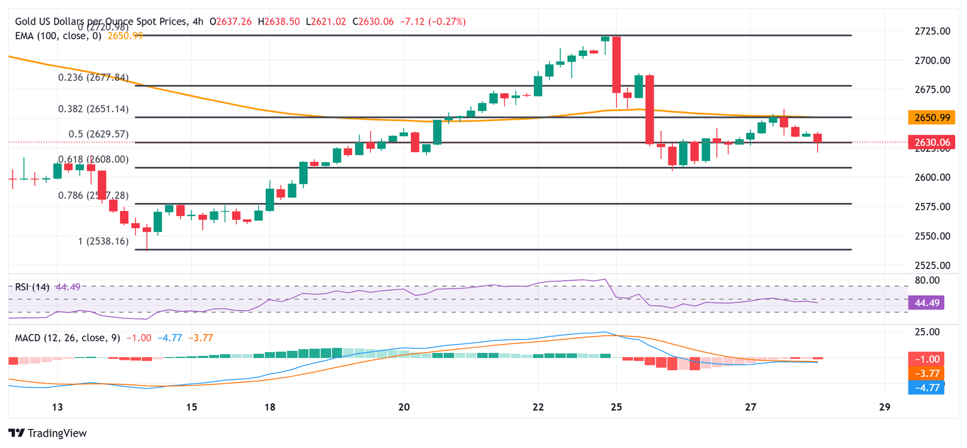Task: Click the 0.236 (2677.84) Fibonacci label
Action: (93, 78)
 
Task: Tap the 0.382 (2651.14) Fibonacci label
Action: (93, 109)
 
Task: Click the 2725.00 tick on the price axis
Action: (932, 31)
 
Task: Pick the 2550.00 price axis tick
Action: (932, 236)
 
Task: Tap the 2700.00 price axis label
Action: (932, 60)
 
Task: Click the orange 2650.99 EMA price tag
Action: (932, 117)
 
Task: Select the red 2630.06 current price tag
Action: (932, 142)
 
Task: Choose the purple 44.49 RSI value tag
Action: (932, 304)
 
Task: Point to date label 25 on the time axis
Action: (616, 407)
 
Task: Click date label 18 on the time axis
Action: (269, 407)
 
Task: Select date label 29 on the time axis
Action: (885, 407)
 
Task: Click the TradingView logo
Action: (48, 434)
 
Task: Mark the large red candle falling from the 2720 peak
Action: (616, 64)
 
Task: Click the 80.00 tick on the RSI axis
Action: (929, 280)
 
